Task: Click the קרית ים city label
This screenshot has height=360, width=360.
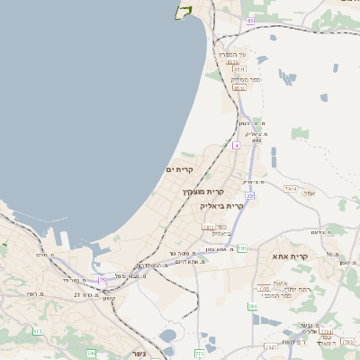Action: click(180, 169)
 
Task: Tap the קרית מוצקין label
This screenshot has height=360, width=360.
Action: click(202, 192)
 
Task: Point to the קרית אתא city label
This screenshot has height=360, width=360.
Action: click(291, 256)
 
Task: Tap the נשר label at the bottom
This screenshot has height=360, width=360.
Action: click(138, 353)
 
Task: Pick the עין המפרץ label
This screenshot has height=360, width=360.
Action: click(235, 54)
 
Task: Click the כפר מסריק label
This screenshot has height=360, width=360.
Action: click(238, 80)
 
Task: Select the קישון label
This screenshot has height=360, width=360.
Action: click(109, 298)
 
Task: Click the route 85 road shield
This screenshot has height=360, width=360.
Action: click(250, 21)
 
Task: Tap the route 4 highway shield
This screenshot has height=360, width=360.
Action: click(236, 144)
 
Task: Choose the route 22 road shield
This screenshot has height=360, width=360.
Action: click(250, 194)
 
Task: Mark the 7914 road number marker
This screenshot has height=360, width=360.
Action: click(290, 189)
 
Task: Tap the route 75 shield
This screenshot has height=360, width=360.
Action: click(102, 281)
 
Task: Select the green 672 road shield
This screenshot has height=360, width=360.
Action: click(38, 331)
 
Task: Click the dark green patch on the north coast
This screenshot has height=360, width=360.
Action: click(186, 11)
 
